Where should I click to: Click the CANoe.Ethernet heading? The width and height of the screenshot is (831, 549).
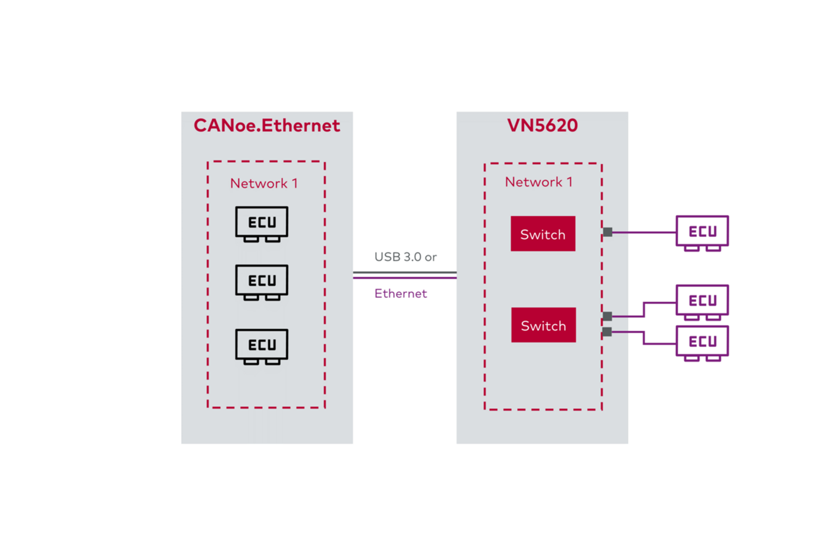point(266,126)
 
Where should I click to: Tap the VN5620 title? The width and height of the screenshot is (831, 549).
point(542,126)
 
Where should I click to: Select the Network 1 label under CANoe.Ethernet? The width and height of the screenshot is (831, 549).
point(264,183)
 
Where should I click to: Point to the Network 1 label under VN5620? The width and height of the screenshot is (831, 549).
point(539,182)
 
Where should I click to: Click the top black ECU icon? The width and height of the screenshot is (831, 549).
point(262,223)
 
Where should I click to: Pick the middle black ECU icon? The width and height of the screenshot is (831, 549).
point(262,282)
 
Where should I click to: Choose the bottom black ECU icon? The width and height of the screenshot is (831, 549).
point(262,346)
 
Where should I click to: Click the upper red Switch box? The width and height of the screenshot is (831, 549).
point(543,234)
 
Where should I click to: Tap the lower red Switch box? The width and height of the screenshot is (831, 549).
point(543,325)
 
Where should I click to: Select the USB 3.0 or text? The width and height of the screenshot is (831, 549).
point(405,257)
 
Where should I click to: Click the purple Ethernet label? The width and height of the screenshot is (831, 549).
point(400,293)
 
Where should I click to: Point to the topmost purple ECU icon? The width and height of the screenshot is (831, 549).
point(702,232)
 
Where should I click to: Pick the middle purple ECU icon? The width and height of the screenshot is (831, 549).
point(702,301)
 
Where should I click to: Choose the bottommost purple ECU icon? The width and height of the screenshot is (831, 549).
point(702,342)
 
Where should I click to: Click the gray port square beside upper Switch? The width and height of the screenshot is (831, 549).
point(607,232)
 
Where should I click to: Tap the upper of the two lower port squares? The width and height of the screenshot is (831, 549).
point(607,316)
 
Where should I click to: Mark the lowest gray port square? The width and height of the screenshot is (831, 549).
point(607,332)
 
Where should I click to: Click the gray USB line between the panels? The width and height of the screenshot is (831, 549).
point(405,272)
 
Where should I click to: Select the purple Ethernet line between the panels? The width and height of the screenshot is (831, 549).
point(405,278)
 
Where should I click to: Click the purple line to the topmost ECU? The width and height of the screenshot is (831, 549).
point(644,232)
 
